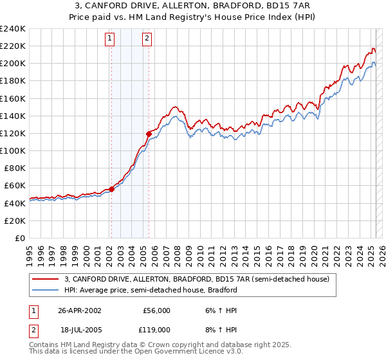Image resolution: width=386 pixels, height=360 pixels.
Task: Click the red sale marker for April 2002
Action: (x=111, y=189)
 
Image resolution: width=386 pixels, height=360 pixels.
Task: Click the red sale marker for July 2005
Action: (x=149, y=134)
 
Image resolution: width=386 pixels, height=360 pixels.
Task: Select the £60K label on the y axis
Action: (x=15, y=186)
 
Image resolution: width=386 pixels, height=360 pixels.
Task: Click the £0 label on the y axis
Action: (x=21, y=238)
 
